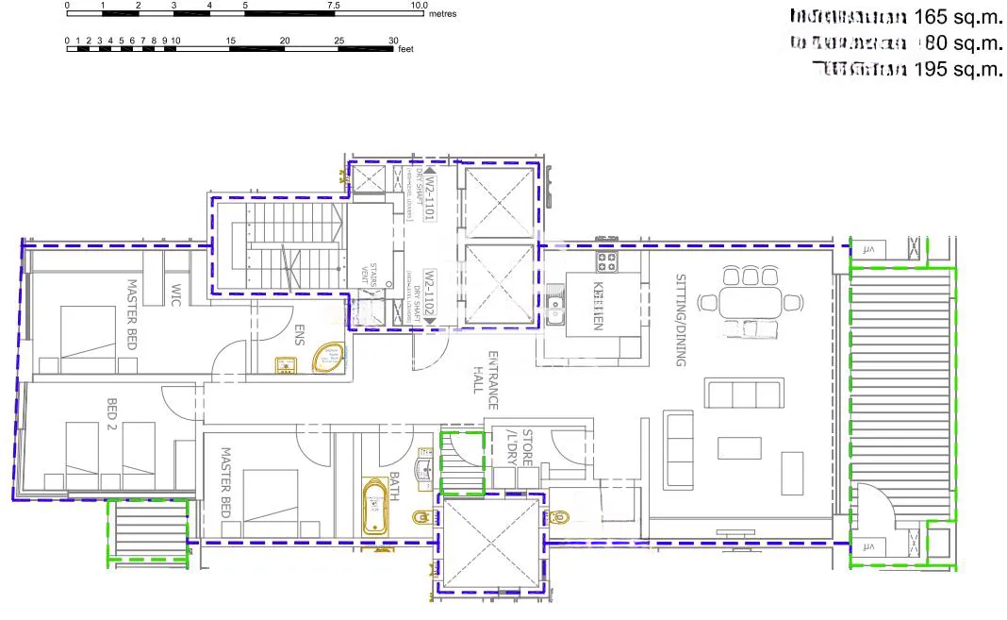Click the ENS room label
300,336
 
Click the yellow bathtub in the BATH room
377,508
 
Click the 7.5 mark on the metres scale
334,5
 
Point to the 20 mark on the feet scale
285,41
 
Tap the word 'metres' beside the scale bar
442,14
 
